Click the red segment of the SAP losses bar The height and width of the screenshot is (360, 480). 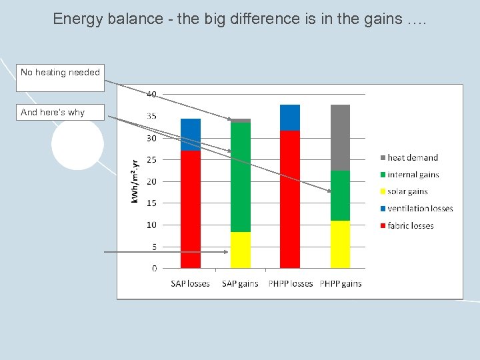point(191,209)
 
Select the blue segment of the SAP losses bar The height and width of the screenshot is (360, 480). point(191,134)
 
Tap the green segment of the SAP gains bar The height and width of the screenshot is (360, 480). point(241,177)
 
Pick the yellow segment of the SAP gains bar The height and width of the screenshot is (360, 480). point(241,250)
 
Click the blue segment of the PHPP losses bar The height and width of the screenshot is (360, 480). point(290,117)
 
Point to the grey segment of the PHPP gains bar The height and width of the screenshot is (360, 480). point(340,137)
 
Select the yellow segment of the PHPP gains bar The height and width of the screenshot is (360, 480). point(340,244)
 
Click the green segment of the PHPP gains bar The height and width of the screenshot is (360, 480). point(340,195)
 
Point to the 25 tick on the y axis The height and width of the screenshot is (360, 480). point(152,160)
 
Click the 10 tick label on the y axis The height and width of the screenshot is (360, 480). point(152,225)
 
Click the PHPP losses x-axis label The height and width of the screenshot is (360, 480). point(290,283)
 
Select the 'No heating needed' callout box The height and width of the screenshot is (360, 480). point(60,78)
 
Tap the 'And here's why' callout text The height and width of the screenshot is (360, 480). point(53,112)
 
